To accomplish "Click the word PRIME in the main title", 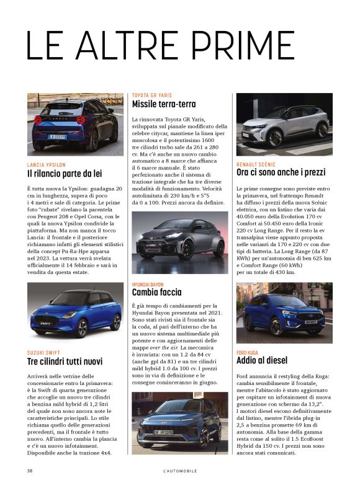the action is (246, 45).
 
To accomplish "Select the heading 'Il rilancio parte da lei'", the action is (64, 174).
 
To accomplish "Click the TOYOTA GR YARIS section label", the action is (151, 95).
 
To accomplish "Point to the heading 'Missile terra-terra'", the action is (164, 104).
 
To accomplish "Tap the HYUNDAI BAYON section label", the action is (148, 284).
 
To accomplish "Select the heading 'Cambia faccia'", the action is (156, 292).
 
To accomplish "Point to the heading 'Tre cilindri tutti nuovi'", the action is (65, 361).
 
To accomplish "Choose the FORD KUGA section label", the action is (249, 352).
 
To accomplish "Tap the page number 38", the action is (30, 471).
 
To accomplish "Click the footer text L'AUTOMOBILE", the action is (179, 471).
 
